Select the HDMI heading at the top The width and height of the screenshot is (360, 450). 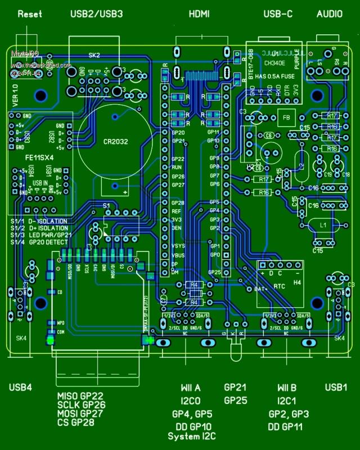pyautogui.click(x=199, y=13)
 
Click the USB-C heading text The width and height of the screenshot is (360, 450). pyautogui.click(x=278, y=13)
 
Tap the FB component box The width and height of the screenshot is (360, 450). pyautogui.click(x=285, y=118)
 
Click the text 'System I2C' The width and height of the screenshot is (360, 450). pyautogui.click(x=192, y=436)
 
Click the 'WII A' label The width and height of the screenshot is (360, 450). pyautogui.click(x=190, y=388)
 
